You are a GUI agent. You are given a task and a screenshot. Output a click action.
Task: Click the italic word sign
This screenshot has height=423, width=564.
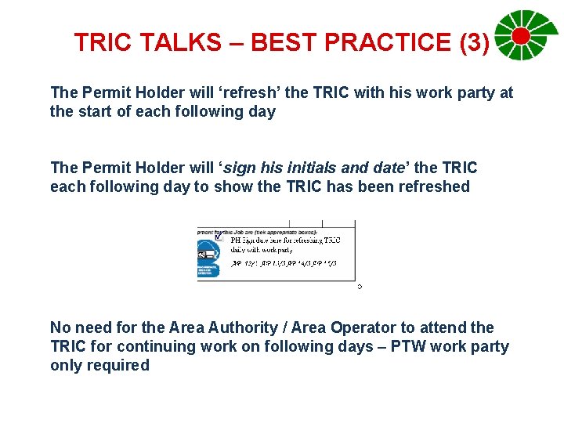click(244, 168)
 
